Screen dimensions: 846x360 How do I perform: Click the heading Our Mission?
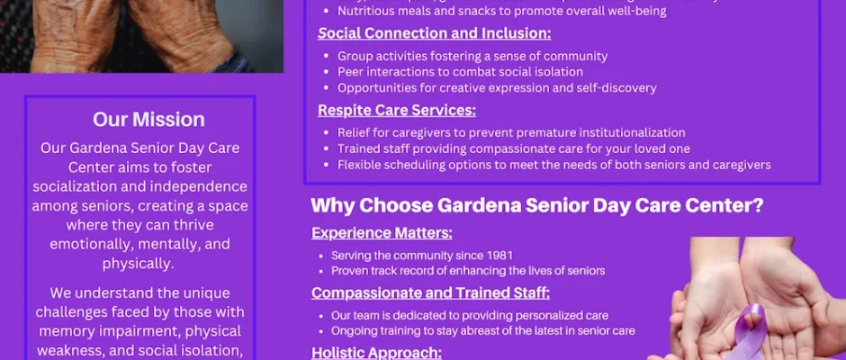tap(148, 120)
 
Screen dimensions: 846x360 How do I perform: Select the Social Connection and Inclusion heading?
tap(435, 33)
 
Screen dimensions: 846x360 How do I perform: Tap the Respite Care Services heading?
tap(397, 110)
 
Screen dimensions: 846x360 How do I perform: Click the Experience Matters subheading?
tap(382, 233)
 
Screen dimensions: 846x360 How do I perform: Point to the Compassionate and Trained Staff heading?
tap(430, 293)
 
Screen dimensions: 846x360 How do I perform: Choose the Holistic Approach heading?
tap(376, 353)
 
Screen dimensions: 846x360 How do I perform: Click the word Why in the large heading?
tap(333, 205)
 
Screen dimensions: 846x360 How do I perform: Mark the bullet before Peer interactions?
tap(327, 72)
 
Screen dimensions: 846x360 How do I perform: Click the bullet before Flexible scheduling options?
tap(327, 166)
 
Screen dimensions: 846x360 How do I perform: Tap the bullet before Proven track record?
tap(321, 271)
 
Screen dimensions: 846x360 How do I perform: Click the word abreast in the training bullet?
tap(500, 330)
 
